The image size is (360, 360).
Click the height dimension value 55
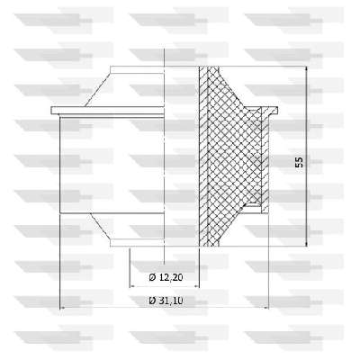tap(299, 162)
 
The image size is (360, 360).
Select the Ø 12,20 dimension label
tap(166, 277)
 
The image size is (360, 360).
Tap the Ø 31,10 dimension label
tap(166, 301)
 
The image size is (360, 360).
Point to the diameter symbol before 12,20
tap(152, 277)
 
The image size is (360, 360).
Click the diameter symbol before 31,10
tap(152, 301)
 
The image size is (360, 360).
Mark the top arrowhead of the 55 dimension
tap(306, 68)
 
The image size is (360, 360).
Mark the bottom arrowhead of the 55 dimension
tap(306, 244)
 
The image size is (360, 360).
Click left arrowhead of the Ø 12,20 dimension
tap(132, 286)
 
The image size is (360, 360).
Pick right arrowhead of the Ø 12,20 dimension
tap(196, 286)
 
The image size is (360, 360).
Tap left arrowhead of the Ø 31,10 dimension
tap(63, 308)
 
